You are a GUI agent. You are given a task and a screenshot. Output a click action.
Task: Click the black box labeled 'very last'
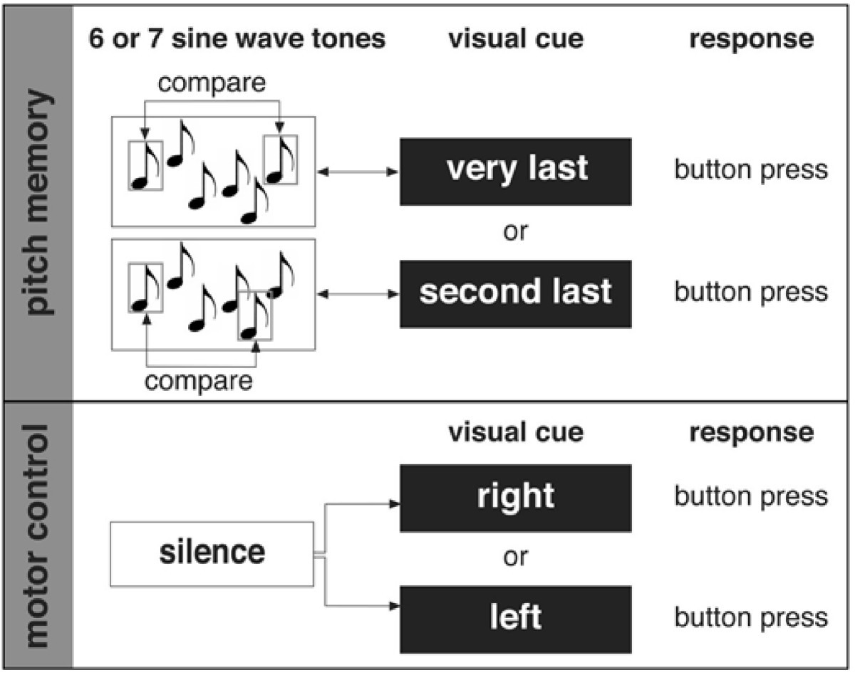pos(515,171)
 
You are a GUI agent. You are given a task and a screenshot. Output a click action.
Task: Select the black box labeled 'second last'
pos(515,293)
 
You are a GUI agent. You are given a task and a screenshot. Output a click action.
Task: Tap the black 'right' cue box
pos(515,497)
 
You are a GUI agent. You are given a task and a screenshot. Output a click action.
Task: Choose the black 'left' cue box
pos(515,619)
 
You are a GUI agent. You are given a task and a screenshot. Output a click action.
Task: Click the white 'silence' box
pos(212,553)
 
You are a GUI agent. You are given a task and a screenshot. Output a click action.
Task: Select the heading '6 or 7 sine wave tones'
pos(237,39)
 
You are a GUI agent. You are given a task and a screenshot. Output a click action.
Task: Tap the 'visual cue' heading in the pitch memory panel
pos(515,39)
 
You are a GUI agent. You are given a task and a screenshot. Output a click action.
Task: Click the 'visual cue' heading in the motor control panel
pos(515,432)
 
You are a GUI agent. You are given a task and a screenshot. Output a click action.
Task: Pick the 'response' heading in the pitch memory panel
pos(751,39)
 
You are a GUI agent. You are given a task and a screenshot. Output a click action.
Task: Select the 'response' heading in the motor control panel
pos(751,432)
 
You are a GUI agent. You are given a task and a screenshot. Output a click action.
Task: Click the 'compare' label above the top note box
pos(212,84)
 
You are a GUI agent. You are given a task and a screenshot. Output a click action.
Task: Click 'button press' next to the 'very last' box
pos(751,170)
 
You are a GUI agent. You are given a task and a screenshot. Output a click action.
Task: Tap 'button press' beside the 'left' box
pos(751,617)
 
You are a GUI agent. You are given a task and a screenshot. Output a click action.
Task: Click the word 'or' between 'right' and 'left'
pos(515,557)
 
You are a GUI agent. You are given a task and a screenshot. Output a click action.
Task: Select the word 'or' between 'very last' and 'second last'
pos(515,233)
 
